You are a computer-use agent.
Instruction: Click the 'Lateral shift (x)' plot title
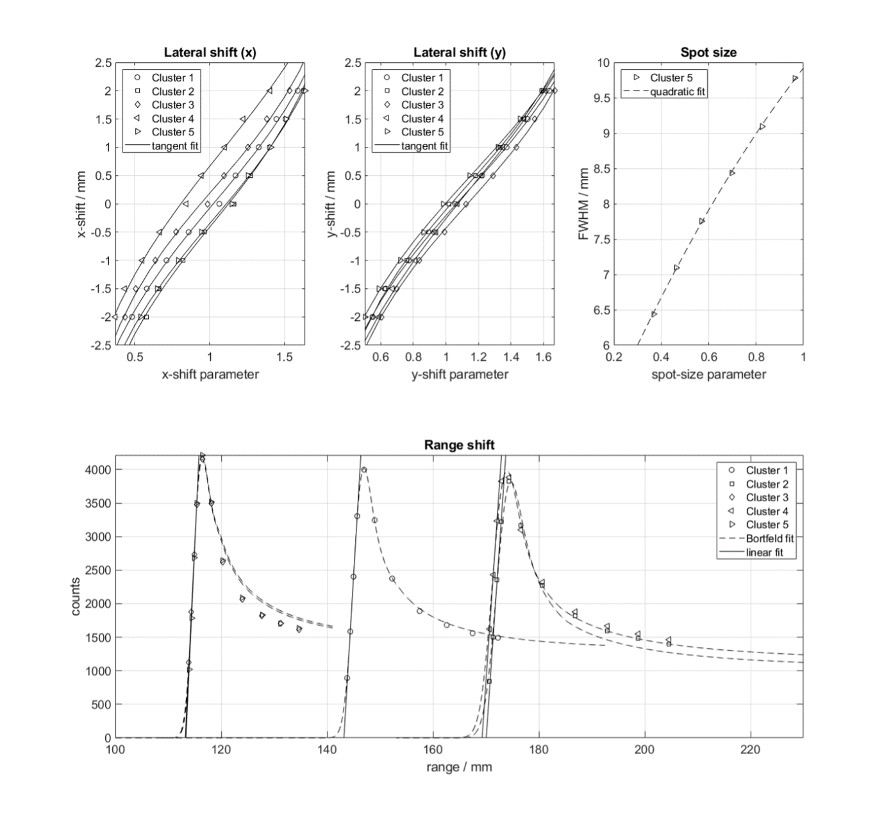pos(210,53)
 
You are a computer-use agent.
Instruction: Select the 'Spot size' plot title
pos(708,53)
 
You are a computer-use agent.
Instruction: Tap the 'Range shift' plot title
pos(459,445)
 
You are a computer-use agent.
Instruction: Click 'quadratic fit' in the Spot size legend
pos(678,92)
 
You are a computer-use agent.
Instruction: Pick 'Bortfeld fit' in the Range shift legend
pos(770,538)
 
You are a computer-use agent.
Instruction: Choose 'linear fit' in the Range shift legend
pos(764,552)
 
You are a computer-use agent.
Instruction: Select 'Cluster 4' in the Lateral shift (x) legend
pos(172,119)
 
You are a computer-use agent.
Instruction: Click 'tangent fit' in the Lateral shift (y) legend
pos(424,146)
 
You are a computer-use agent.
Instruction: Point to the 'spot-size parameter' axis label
pos(708,375)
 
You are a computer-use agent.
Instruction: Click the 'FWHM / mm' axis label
pos(583,204)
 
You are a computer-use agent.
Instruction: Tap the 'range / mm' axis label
pos(459,767)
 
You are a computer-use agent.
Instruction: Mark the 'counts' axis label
pos(76,596)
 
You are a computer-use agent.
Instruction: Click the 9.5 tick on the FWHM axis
pos(602,98)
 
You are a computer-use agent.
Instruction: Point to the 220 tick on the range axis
pos(750,750)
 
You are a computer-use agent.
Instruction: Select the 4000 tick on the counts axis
pos(97,470)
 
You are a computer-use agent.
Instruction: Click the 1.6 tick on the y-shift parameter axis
pos(544,357)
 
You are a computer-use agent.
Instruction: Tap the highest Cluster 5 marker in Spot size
pos(795,78)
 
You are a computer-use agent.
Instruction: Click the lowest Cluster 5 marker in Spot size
pos(654,314)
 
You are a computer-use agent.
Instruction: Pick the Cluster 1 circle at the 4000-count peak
pos(364,470)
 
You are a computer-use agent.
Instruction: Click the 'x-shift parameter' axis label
pos(210,375)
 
